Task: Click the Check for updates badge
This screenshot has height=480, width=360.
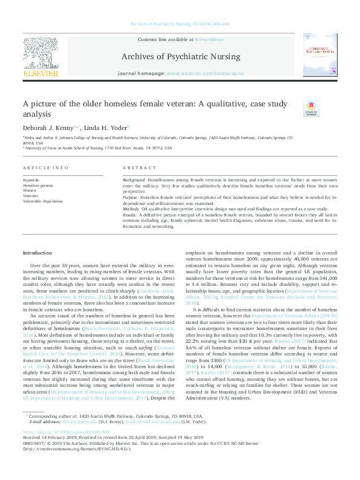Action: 310,108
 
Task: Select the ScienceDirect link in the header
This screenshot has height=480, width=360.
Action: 209,39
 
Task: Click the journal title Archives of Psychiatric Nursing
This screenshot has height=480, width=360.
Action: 180,57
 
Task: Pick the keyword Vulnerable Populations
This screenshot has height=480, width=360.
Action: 43,201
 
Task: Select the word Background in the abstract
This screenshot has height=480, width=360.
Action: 134,180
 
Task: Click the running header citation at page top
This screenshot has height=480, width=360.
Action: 180,24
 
